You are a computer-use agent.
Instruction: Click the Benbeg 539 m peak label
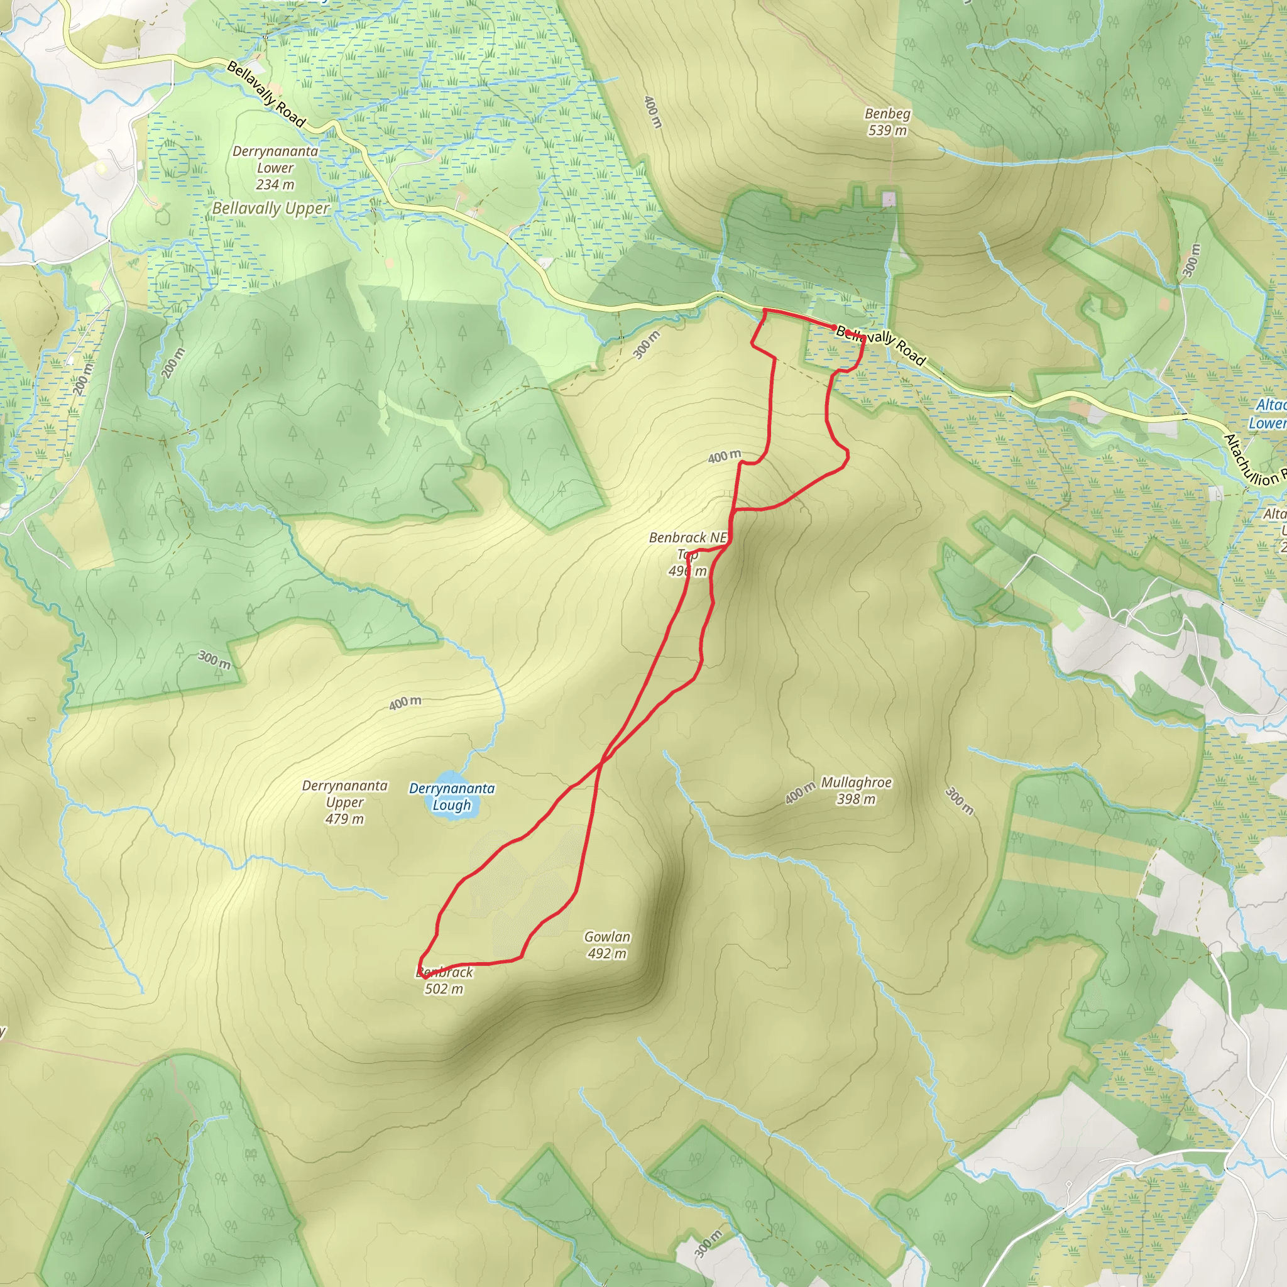click(887, 122)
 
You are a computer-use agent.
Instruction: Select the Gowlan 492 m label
click(607, 945)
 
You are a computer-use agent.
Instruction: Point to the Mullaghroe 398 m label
click(855, 790)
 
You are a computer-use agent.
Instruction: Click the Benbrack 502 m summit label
click(444, 980)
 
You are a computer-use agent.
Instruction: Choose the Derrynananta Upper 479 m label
click(344, 802)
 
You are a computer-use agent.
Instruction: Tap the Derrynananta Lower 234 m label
click(275, 168)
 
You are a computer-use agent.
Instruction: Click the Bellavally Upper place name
click(270, 209)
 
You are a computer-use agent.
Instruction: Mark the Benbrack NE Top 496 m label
click(687, 554)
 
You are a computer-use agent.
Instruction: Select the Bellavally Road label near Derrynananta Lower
click(266, 93)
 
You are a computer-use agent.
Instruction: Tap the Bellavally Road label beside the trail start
click(880, 345)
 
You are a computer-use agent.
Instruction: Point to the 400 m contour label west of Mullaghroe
click(799, 792)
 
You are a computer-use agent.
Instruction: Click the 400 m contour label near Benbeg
click(653, 111)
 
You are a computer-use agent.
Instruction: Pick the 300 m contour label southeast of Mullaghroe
click(959, 801)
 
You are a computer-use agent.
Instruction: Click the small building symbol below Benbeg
click(889, 199)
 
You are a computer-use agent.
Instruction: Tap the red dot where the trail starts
click(833, 327)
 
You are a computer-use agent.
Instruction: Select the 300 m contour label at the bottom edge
click(708, 1243)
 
